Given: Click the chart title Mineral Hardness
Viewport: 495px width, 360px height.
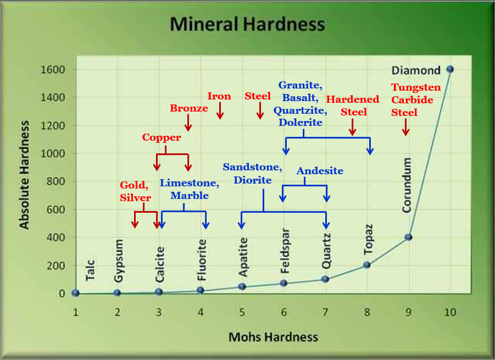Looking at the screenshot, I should point(247,25).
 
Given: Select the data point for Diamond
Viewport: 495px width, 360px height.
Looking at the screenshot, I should point(450,69).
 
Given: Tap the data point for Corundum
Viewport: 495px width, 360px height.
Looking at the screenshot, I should point(408,237).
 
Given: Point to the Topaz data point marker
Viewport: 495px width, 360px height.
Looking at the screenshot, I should point(366,265).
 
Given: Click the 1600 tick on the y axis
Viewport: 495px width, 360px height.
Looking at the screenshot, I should point(54,70).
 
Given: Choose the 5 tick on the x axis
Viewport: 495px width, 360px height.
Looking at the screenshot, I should point(242,312).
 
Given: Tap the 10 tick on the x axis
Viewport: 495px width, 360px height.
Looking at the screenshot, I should point(450,312).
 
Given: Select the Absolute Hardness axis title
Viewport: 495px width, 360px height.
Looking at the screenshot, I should point(25,182).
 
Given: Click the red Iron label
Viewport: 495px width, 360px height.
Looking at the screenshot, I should point(219,96).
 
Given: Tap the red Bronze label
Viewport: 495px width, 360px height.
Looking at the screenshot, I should point(189,108).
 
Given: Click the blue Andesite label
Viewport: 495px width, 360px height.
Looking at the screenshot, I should point(320,171).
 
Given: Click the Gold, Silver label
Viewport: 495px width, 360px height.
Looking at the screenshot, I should point(135,192).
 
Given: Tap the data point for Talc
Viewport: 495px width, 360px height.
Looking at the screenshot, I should point(75,293).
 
